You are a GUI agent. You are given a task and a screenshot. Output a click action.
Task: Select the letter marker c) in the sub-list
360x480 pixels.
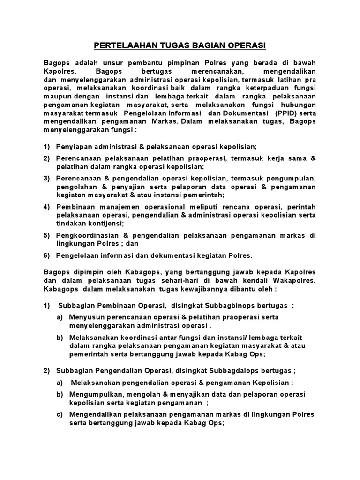[60, 415]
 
